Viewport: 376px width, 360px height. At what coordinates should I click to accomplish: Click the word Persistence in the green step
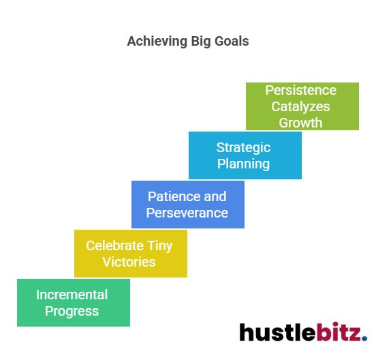[300, 90]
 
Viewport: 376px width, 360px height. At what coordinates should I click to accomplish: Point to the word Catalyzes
[300, 106]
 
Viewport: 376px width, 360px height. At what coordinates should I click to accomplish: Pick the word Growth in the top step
[300, 123]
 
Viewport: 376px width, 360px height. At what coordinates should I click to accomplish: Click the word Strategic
[243, 147]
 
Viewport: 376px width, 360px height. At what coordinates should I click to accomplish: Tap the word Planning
[243, 164]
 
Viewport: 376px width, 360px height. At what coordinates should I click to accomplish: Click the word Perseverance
[187, 213]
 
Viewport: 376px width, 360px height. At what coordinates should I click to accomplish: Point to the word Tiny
[159, 245]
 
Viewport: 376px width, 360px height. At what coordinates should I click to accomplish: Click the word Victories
[129, 262]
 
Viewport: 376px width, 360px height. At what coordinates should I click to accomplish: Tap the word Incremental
[72, 295]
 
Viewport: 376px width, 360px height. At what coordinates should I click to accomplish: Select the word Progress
[72, 311]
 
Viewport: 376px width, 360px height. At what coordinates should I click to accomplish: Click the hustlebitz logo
[302, 332]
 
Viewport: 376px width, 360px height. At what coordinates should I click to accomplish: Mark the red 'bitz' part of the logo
[339, 332]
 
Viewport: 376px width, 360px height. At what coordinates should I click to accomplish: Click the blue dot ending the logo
[364, 338]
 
